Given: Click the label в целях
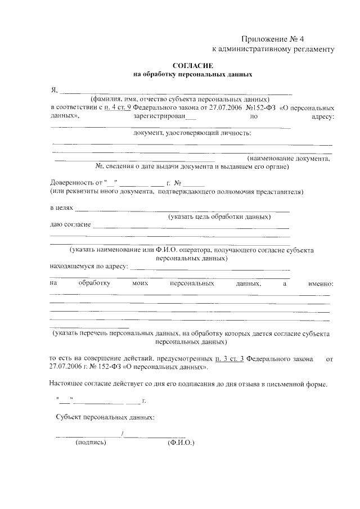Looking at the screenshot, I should point(61,208).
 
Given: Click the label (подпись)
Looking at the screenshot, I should point(91,443).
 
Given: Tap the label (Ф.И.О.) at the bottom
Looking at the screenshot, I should point(180,443).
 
